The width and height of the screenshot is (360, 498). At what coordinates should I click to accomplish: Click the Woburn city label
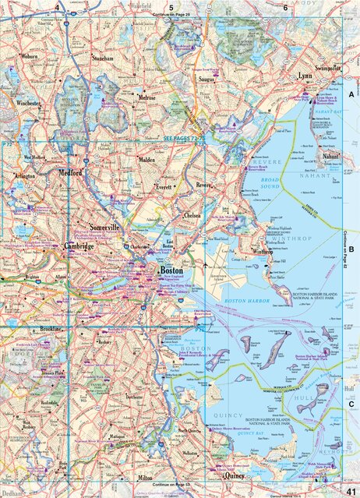point(30,56)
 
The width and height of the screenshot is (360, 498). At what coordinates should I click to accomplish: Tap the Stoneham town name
point(102,58)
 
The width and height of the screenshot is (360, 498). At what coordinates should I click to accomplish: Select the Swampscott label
point(328,69)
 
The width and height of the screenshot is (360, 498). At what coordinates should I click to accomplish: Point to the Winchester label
point(29,103)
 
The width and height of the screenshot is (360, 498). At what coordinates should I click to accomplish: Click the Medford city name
point(68,173)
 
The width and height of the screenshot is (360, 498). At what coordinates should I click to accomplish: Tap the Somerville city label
point(104,227)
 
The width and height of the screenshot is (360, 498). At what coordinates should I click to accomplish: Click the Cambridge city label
point(79,246)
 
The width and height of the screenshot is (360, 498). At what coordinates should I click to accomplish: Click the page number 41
point(350,489)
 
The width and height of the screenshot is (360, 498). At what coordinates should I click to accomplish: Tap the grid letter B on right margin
point(351,249)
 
